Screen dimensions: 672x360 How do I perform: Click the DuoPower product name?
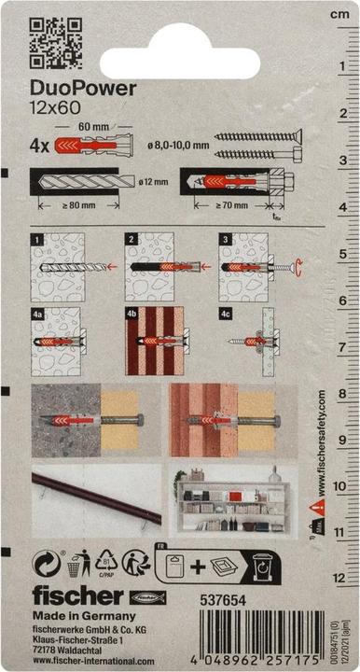tap(84, 89)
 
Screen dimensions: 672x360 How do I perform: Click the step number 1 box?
tap(37, 241)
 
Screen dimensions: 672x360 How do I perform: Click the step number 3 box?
tap(225, 241)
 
